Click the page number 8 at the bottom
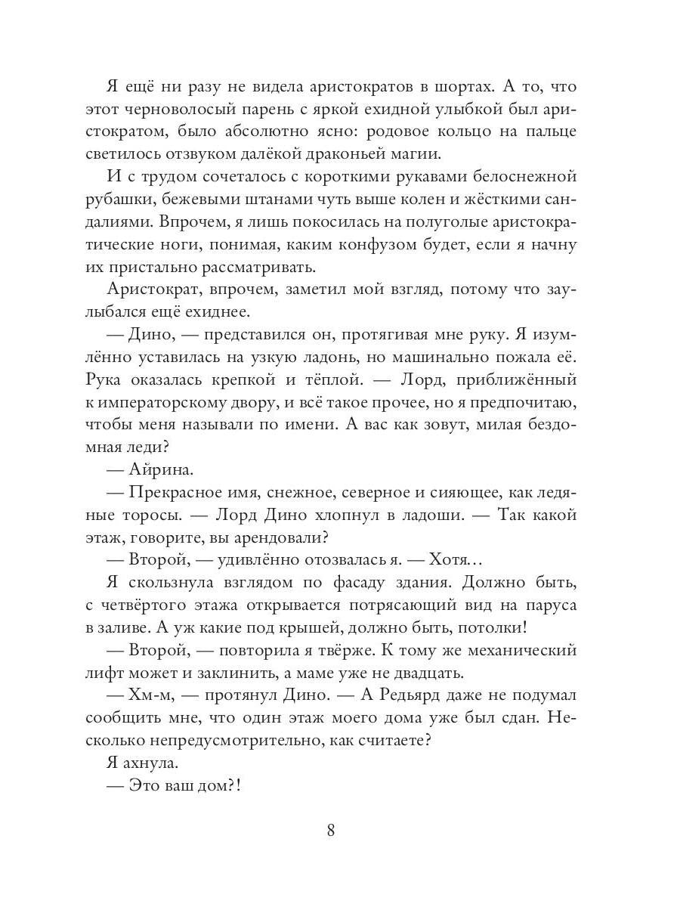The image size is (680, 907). pyautogui.click(x=331, y=830)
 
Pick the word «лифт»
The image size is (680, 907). pyautogui.click(x=122, y=673)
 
